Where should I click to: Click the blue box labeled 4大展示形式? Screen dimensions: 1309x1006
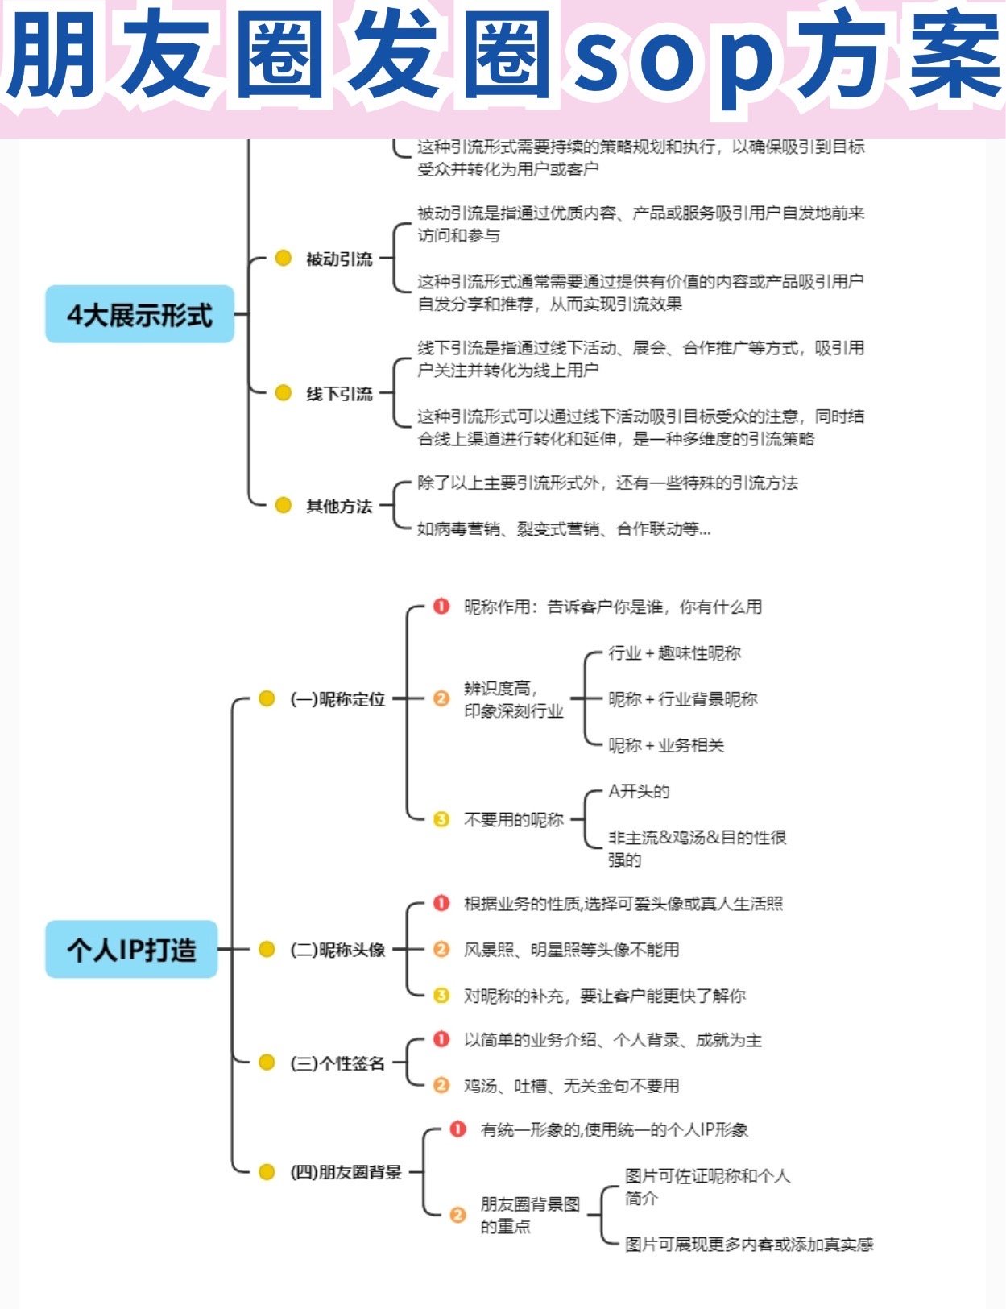coord(139,314)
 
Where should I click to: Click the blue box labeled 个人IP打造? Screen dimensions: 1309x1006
coord(131,949)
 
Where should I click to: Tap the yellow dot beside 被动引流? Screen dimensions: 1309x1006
coord(283,258)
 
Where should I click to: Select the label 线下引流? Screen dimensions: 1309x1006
coord(339,393)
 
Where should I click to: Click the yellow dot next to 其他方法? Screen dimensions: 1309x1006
coord(283,505)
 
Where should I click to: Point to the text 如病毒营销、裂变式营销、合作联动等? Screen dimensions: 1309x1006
coord(564,529)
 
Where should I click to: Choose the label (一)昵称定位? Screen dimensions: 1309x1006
coord(337,699)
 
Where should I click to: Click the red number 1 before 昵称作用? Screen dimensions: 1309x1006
coord(441,606)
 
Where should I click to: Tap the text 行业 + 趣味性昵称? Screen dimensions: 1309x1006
coord(674,652)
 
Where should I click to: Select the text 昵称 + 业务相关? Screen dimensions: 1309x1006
coord(666,745)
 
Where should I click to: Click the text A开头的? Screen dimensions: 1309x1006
coord(639,791)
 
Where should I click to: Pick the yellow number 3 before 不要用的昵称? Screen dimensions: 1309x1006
coord(441,819)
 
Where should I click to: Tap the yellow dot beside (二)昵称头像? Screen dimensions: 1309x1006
coord(267,949)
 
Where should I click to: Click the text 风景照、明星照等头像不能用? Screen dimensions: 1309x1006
coord(571,950)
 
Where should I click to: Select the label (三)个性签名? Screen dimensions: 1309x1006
coord(337,1063)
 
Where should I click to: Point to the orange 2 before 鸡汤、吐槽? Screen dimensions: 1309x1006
coord(441,1085)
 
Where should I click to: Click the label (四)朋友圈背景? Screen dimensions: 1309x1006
coord(346,1172)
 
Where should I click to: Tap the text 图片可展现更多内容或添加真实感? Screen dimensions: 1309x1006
coord(749,1245)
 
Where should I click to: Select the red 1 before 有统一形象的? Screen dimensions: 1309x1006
coord(457,1129)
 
